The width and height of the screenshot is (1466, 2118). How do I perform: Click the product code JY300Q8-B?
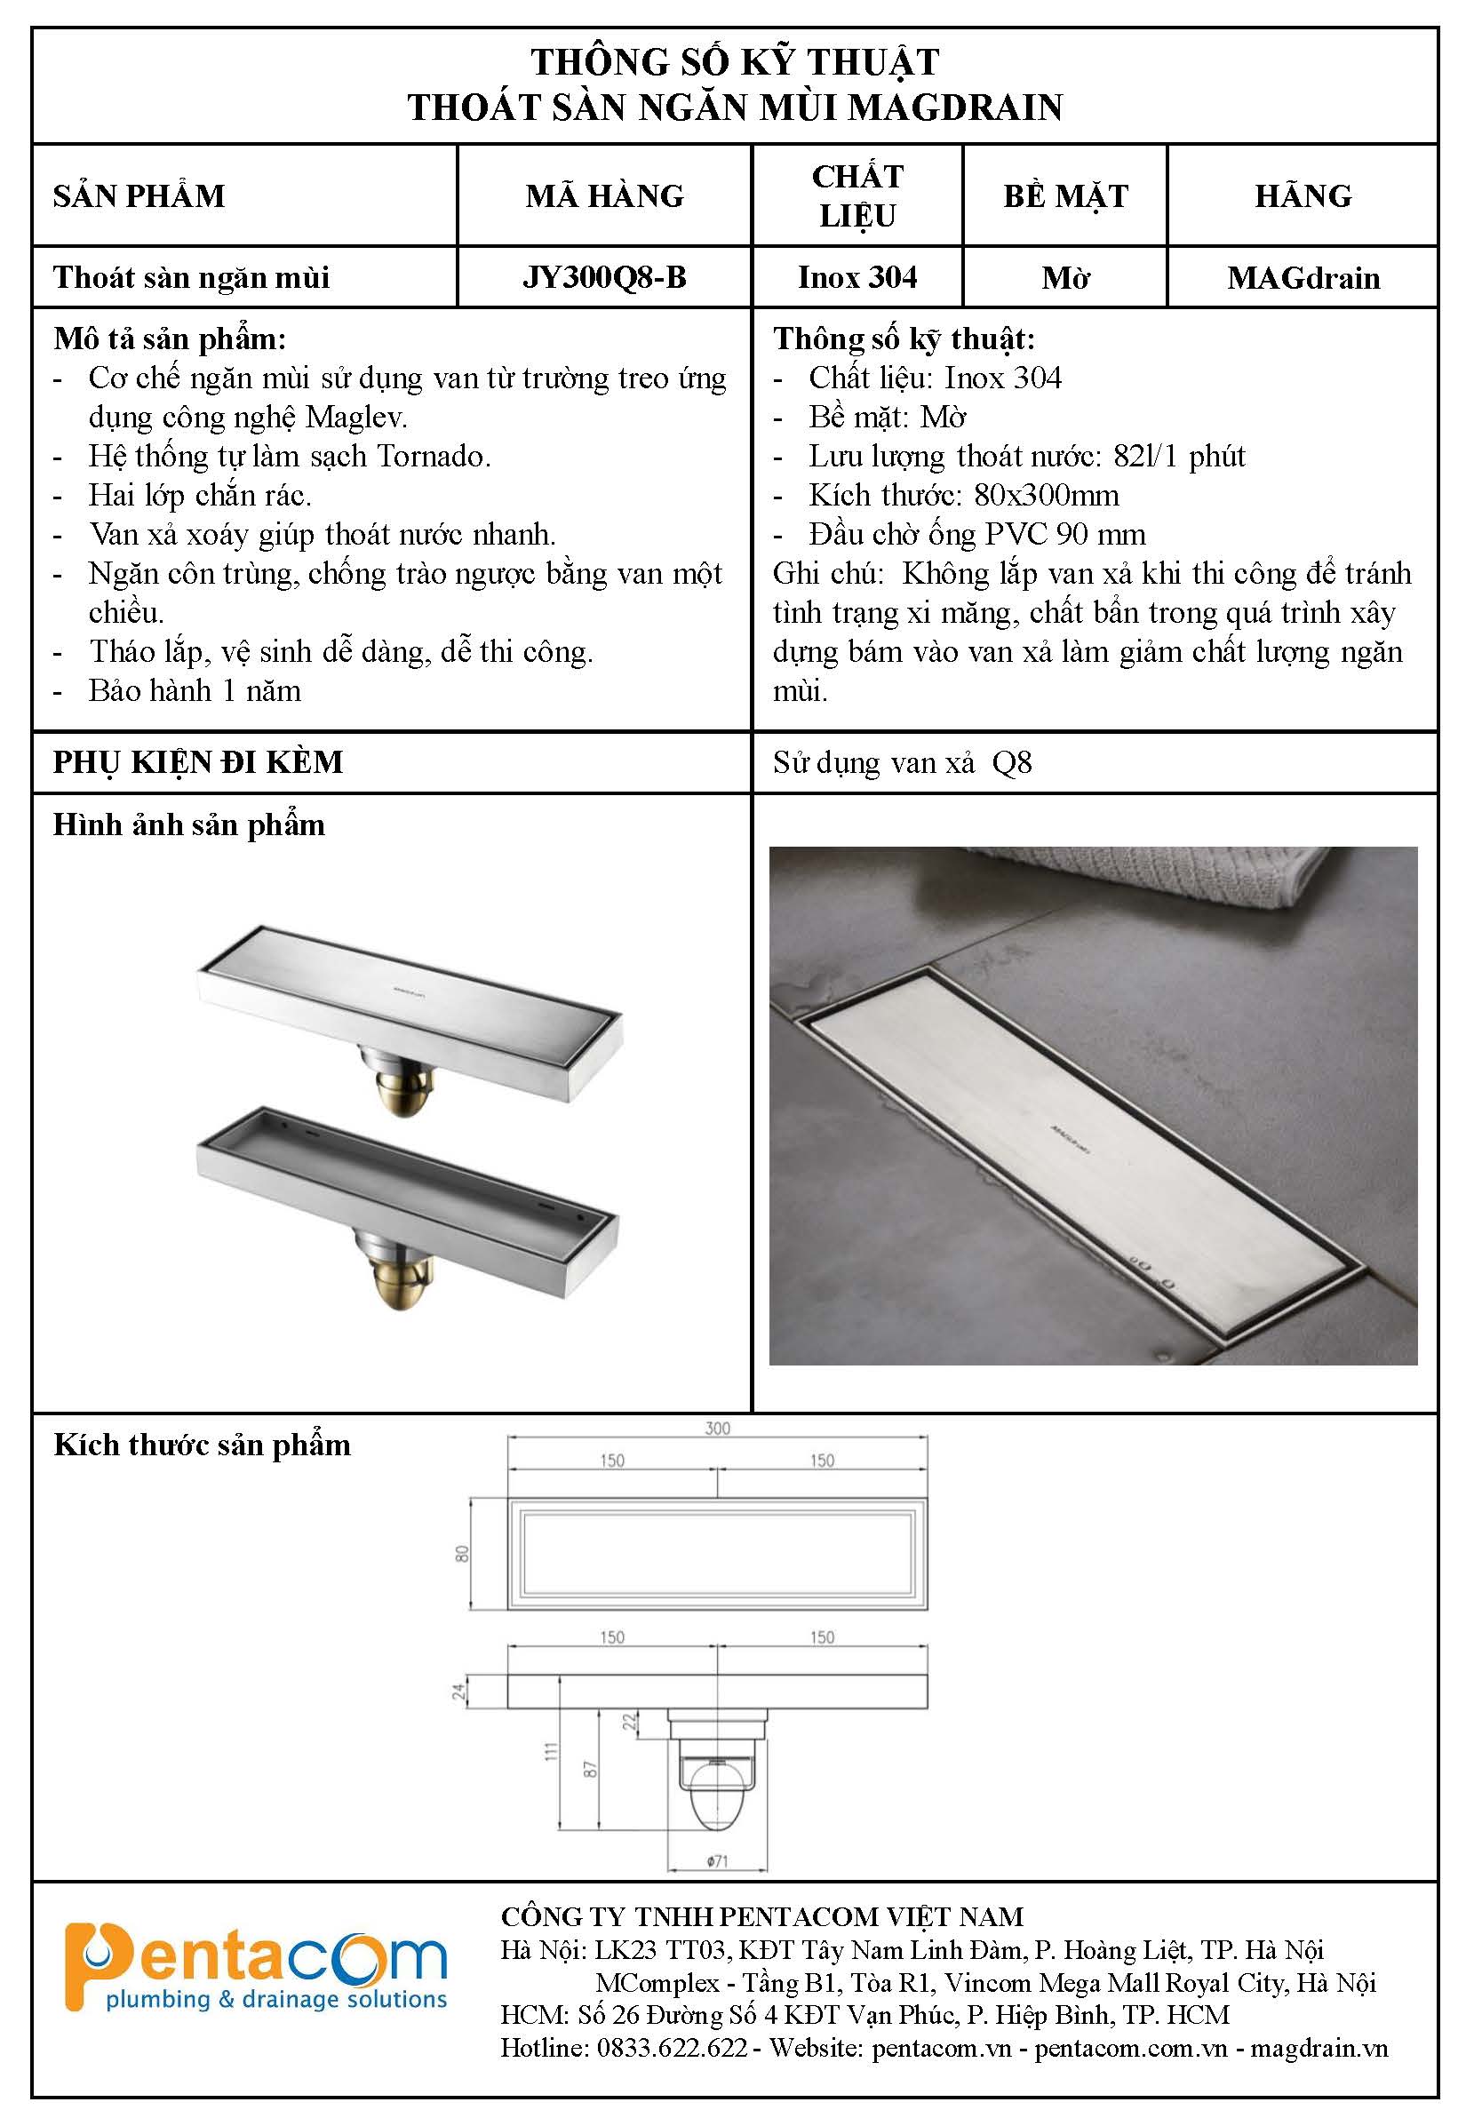604,277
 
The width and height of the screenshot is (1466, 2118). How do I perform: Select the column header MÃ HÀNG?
604,195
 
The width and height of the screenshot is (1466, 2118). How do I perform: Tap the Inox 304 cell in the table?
857,277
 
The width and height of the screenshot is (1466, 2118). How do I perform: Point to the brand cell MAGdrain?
1303,277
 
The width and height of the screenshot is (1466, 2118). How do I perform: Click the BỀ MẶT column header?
1065,195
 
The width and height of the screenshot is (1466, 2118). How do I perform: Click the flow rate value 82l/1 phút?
1179,457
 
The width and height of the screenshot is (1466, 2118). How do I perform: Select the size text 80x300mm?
1047,496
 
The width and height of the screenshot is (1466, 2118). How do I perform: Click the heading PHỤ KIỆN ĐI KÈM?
197,762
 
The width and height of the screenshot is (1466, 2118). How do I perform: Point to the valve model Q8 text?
1011,763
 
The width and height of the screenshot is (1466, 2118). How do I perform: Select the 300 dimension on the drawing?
717,1429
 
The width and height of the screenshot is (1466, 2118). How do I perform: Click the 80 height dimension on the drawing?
463,1553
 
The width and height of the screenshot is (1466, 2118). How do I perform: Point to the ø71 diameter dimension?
717,1861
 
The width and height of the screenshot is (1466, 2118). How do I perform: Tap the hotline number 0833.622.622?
672,2048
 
